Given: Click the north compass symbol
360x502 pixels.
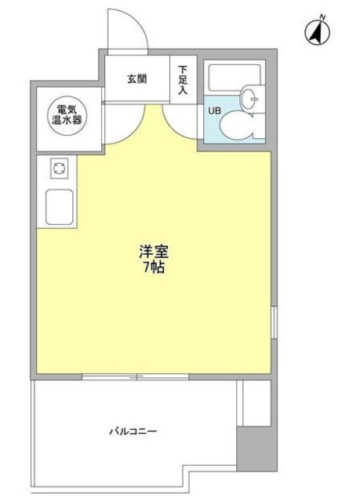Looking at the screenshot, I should tap(317, 33).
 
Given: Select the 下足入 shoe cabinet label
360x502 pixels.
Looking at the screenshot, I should tap(182, 79).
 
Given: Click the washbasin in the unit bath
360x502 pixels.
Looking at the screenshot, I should tap(249, 98).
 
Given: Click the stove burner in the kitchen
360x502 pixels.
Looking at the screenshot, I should tap(57, 167).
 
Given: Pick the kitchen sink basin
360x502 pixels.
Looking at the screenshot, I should tap(60, 208).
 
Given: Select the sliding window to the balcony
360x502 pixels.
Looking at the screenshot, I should tap(138, 377).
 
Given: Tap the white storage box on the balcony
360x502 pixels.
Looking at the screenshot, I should tap(255, 404).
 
